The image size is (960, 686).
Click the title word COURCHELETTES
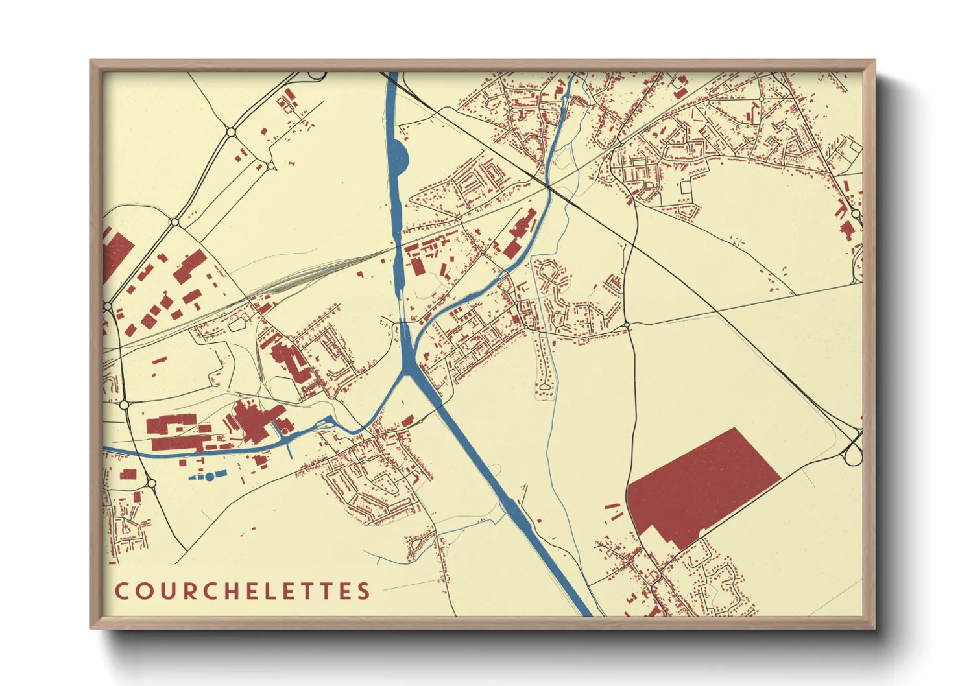click(243, 591)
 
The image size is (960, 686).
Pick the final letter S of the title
click(364, 591)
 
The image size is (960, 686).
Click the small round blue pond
click(210, 477)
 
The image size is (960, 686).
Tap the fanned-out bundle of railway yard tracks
click(305, 276)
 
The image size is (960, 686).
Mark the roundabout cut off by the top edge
click(317, 75)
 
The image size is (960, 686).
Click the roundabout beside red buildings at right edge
click(855, 213)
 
